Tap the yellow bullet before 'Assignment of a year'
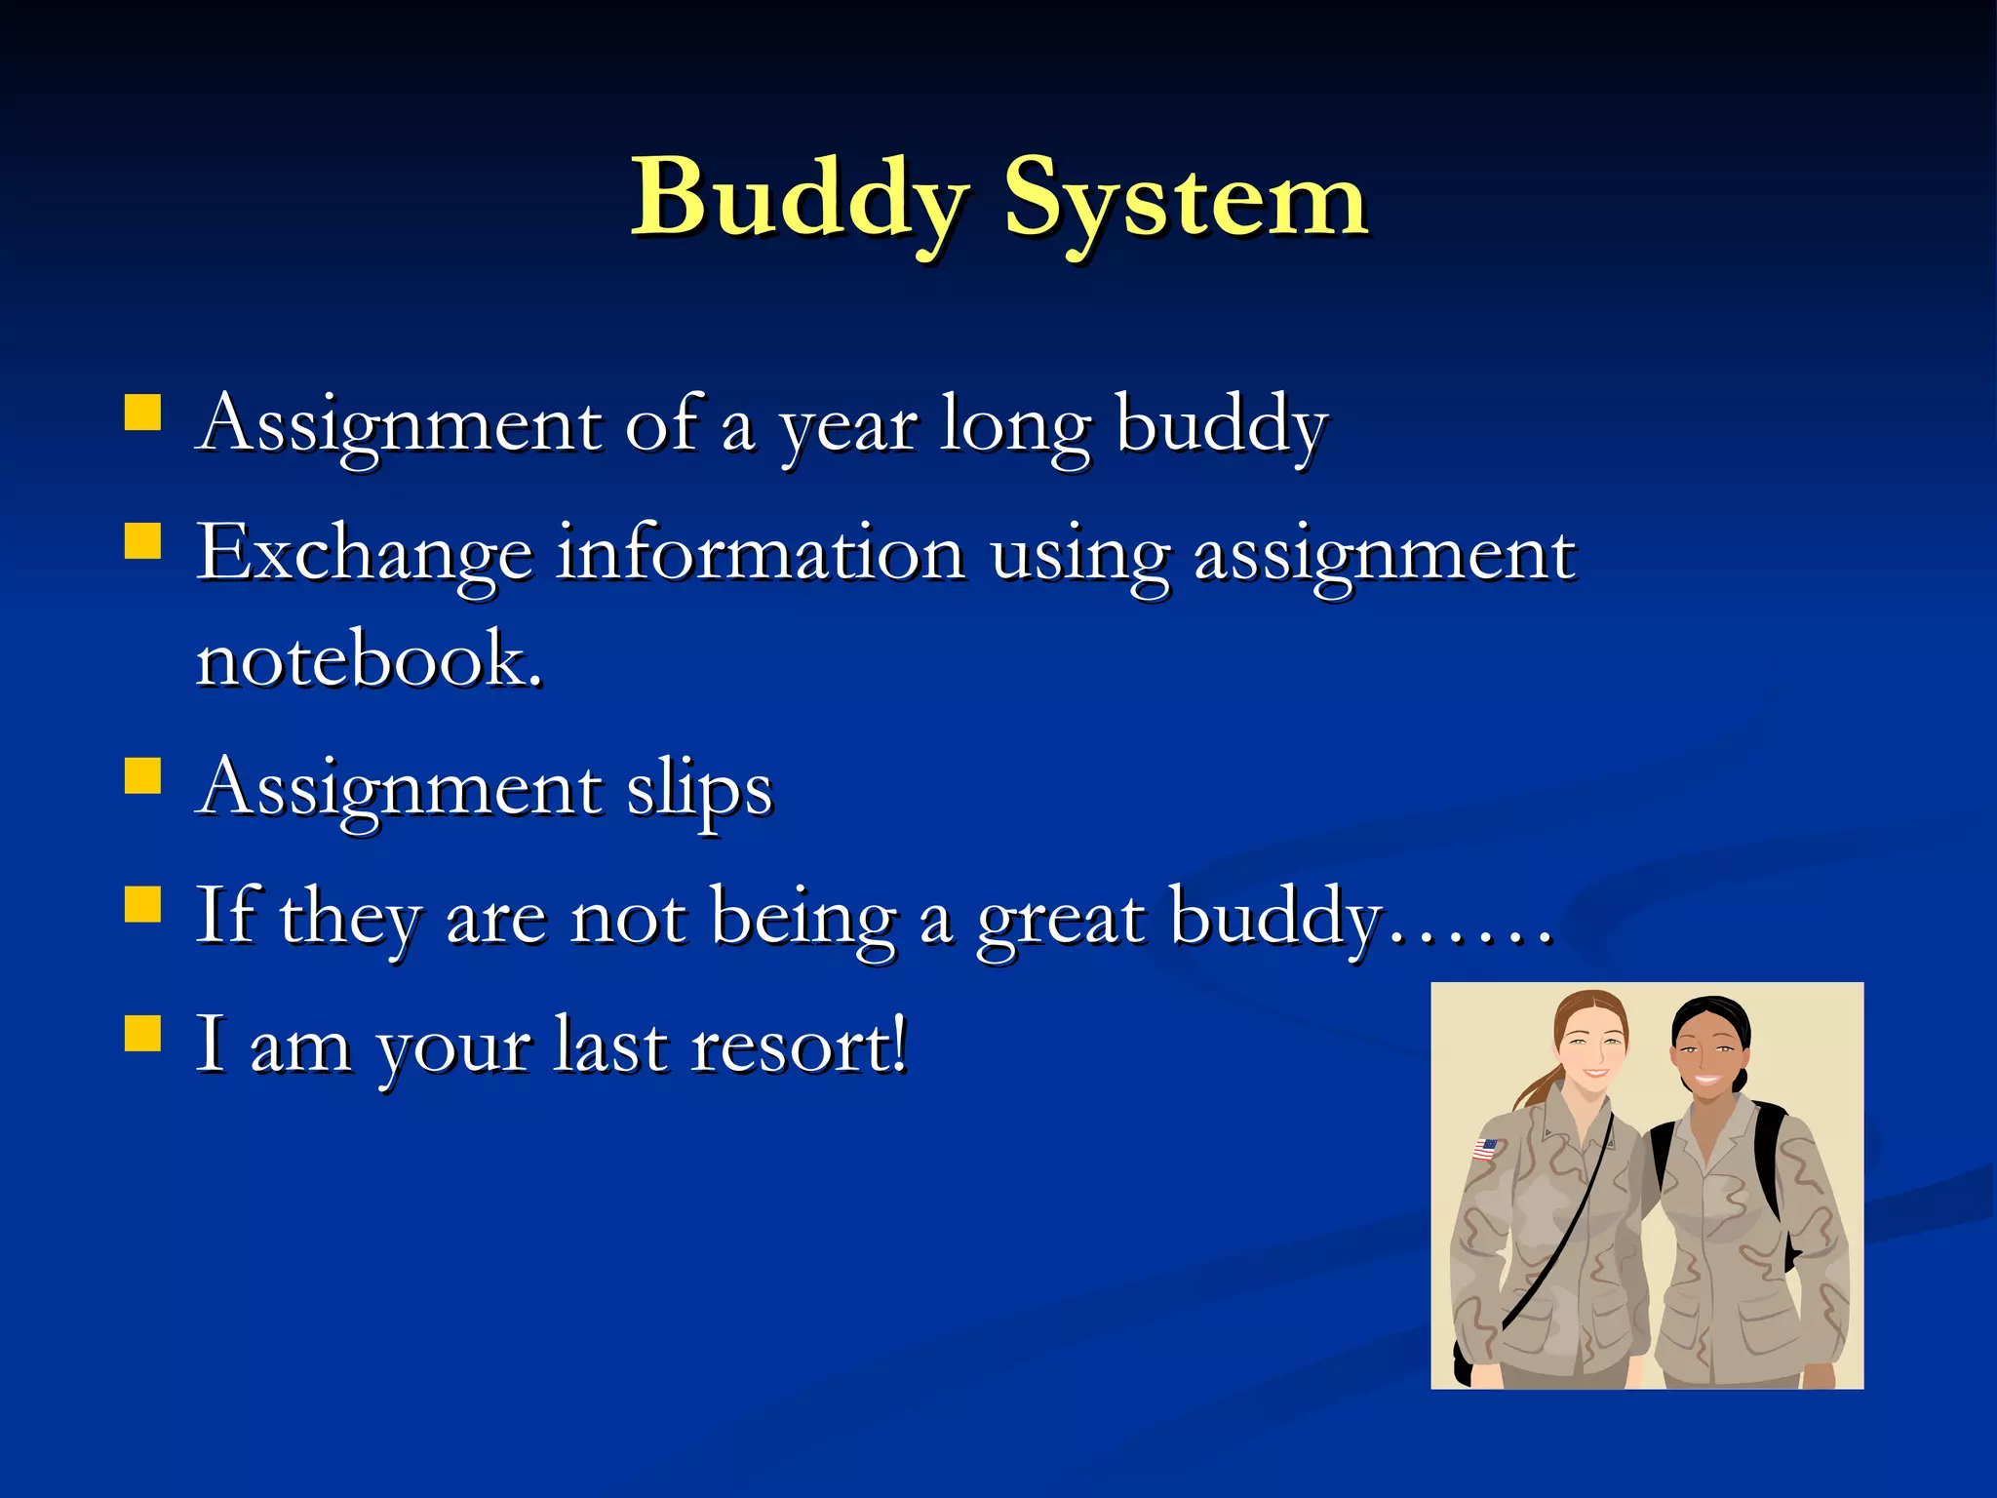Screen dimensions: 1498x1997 142,413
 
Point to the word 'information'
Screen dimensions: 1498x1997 761,553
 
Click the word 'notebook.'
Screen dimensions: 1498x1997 369,659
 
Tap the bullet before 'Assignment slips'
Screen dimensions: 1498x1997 142,776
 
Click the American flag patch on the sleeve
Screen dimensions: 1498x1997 1484,1149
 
